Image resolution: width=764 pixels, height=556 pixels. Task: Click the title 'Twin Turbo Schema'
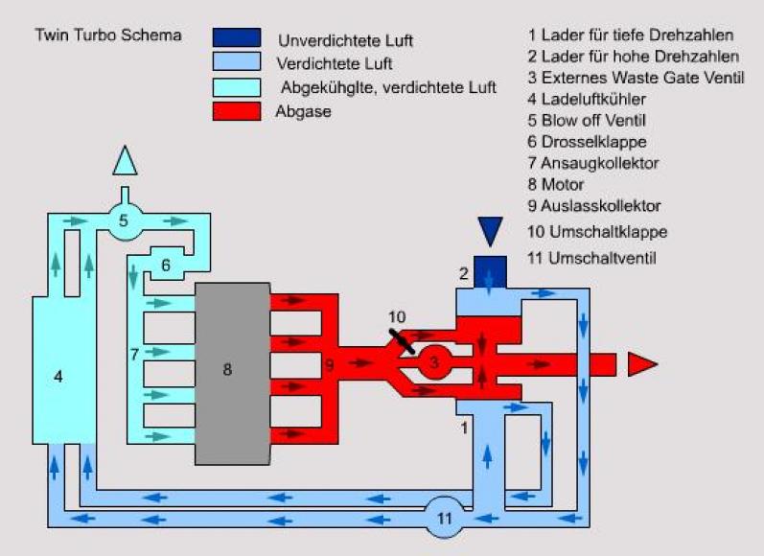(x=94, y=35)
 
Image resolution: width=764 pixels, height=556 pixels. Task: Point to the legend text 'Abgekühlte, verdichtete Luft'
(x=388, y=88)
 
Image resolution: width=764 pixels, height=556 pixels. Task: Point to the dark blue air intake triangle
(x=490, y=231)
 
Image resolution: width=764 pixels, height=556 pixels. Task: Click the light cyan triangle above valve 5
(x=125, y=160)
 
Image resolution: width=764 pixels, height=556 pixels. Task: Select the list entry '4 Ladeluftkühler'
(x=586, y=98)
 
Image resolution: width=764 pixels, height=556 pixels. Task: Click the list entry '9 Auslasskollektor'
(x=593, y=205)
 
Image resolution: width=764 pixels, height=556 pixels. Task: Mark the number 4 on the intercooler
(x=58, y=378)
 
